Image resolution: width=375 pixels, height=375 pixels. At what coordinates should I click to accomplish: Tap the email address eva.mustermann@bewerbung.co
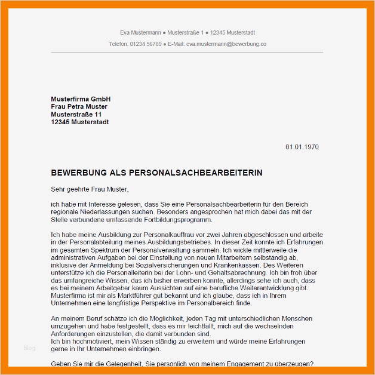(226, 44)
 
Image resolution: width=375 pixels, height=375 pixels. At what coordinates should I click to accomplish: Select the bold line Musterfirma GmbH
(81, 99)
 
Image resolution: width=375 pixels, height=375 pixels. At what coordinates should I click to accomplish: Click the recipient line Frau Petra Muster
(79, 107)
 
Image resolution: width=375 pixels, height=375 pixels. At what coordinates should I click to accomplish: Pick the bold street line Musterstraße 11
(76, 115)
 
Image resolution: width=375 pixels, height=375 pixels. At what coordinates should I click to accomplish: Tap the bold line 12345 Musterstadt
(80, 122)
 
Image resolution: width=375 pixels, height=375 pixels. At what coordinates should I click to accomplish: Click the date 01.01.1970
(302, 147)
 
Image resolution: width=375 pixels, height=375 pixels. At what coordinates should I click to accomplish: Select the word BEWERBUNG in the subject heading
(78, 173)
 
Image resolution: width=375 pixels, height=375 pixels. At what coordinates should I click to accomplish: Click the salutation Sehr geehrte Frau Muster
(90, 190)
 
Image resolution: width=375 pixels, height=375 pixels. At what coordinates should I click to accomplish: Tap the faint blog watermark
(30, 348)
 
